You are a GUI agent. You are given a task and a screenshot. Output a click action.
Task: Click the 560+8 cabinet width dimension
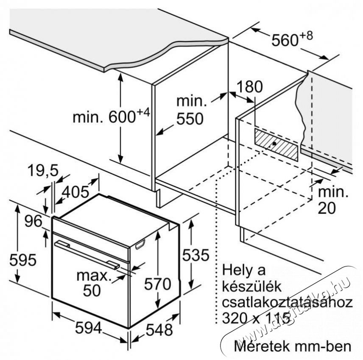292,39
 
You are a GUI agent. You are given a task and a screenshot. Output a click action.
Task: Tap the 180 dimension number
250,86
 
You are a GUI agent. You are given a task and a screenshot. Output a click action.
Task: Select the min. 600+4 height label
112,116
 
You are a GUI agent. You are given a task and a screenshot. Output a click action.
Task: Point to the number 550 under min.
190,119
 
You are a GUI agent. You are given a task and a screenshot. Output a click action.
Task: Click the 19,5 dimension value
43,171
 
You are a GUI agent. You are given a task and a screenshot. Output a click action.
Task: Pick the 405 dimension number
76,192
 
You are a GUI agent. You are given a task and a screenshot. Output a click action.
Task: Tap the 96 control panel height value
34,221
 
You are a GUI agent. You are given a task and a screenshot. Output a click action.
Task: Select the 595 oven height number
23,260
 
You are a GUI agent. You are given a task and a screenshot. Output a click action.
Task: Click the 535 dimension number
195,255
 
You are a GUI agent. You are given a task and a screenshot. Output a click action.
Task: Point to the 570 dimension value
158,284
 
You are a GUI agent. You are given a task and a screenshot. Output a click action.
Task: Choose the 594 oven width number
89,327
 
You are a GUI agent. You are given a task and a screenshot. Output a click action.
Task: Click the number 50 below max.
92,291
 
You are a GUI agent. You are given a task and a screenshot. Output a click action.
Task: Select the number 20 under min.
327,208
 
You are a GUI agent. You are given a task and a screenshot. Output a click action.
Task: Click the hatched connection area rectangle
276,144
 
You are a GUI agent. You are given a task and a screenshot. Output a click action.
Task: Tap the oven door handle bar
87,255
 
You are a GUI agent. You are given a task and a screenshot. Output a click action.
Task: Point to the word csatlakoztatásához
287,302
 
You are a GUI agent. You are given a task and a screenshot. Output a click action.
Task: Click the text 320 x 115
256,318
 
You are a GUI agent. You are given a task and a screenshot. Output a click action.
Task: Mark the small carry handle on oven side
140,244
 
